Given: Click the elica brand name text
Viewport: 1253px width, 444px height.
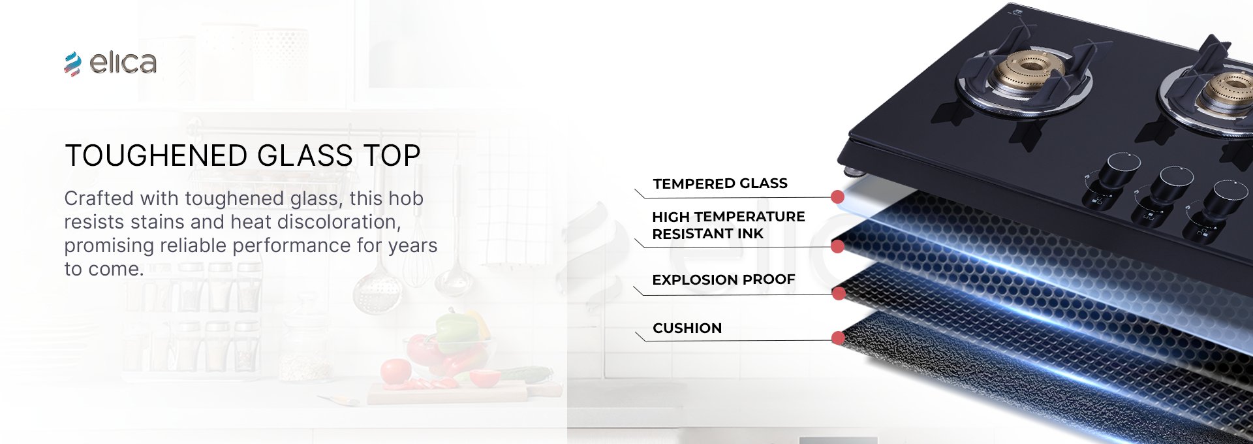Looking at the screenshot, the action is [x=123, y=63].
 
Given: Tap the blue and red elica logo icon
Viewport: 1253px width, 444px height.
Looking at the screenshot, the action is [x=72, y=64].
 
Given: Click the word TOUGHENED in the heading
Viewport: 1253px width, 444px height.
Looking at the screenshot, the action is [x=157, y=156].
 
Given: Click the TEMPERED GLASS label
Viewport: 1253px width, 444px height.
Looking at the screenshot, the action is [x=720, y=183].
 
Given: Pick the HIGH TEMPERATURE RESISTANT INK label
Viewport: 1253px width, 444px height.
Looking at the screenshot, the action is [x=728, y=225].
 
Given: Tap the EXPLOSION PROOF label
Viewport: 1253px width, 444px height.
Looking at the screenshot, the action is [x=724, y=279].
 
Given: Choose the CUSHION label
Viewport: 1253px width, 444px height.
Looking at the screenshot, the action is [x=687, y=328].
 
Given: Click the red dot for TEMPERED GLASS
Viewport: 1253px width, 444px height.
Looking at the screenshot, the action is [x=838, y=197].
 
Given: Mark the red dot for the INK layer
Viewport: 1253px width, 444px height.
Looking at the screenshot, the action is [x=838, y=246].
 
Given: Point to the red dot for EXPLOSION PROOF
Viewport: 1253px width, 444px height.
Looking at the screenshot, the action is [x=839, y=294].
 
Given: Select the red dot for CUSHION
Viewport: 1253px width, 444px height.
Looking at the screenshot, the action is [x=839, y=338].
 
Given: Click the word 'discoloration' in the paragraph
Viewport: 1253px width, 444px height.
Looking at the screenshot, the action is [x=338, y=222].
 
